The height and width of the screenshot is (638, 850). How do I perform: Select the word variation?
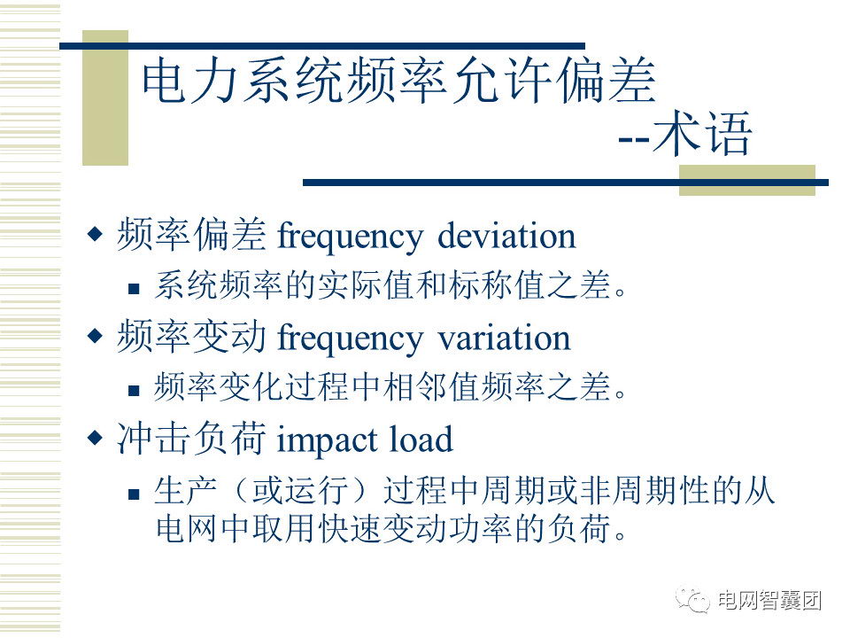pyautogui.click(x=504, y=338)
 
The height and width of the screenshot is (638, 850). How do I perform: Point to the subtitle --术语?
pyautogui.click(x=685, y=134)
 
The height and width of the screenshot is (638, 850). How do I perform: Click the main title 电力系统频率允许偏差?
pyautogui.click(x=398, y=81)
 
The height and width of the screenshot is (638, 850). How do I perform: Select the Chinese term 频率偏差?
pyautogui.click(x=192, y=235)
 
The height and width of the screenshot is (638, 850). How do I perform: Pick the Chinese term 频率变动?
pyautogui.click(x=192, y=337)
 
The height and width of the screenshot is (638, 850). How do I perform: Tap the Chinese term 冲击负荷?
pyautogui.click(x=192, y=439)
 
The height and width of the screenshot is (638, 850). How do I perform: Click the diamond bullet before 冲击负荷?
pyautogui.click(x=95, y=437)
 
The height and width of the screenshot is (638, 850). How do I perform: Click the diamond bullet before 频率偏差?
pyautogui.click(x=95, y=234)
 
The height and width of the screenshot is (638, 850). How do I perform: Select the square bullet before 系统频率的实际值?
pyautogui.click(x=134, y=288)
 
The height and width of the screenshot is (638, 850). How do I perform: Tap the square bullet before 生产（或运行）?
pyautogui.click(x=134, y=494)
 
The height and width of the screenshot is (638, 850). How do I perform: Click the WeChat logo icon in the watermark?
pyautogui.click(x=692, y=600)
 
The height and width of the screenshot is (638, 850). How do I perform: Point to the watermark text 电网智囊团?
pyautogui.click(x=769, y=600)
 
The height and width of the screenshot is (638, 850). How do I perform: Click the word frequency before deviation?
pyautogui.click(x=351, y=238)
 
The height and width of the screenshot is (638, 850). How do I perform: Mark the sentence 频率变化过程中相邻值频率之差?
pyautogui.click(x=390, y=387)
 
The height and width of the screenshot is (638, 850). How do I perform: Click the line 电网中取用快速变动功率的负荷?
pyautogui.click(x=390, y=528)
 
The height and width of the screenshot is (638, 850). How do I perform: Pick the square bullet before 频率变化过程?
pyautogui.click(x=134, y=390)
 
